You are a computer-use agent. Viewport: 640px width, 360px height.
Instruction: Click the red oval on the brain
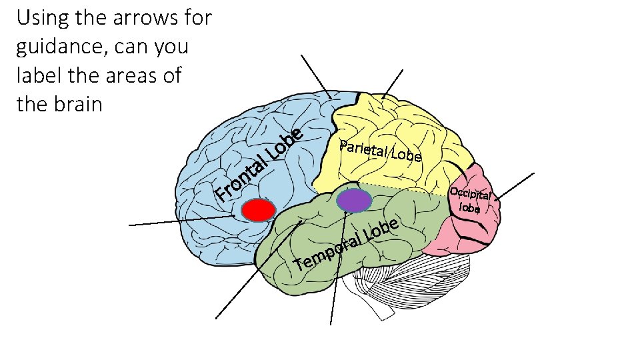coord(258,210)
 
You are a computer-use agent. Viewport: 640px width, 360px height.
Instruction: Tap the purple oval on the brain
coord(353,200)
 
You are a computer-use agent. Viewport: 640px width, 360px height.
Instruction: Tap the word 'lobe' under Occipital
coord(470,207)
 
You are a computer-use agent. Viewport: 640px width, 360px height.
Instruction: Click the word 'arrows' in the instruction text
coord(131,18)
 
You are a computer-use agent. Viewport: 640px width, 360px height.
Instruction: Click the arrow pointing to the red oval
coord(180,221)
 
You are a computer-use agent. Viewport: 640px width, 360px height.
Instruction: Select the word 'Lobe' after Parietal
coord(406,155)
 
